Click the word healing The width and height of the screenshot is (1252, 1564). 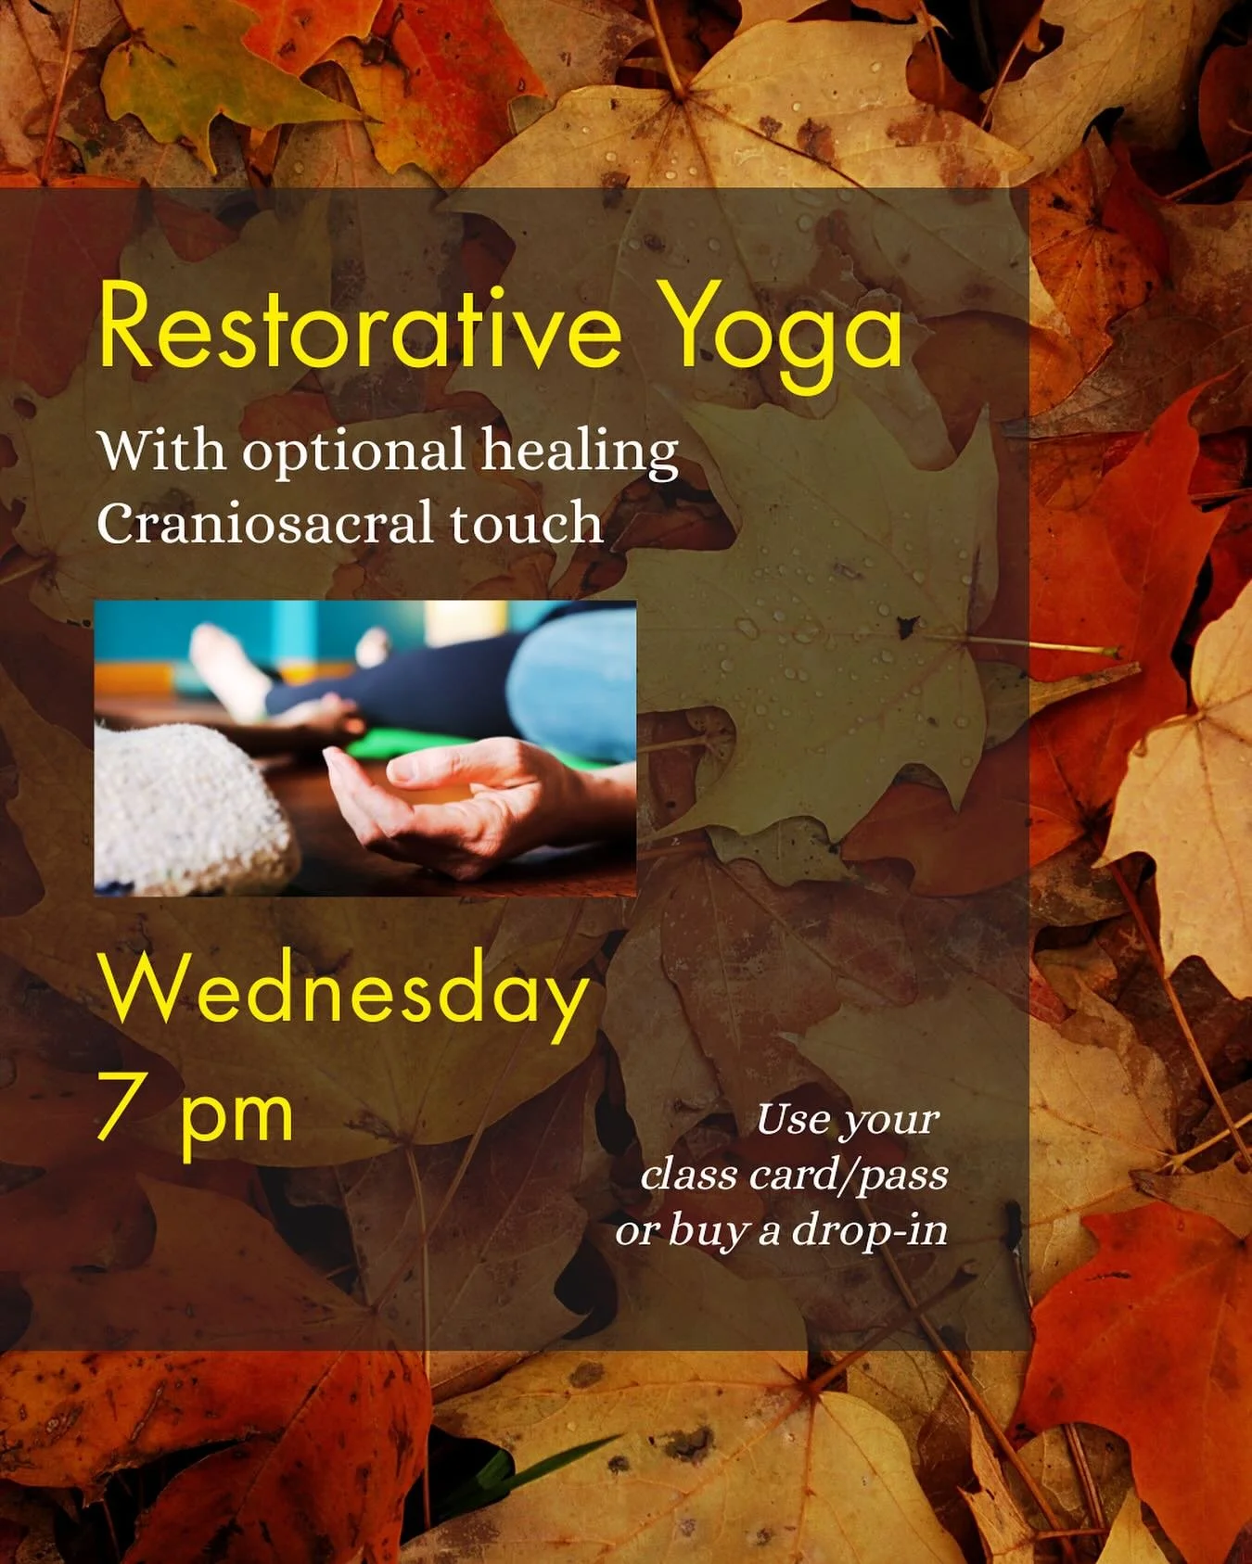(x=580, y=451)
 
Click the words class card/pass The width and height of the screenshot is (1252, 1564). (x=794, y=1176)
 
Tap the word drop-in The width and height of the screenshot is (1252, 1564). (x=869, y=1231)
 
